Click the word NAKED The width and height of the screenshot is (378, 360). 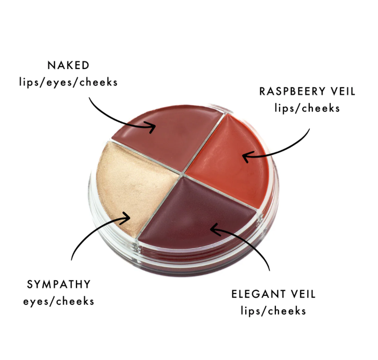[x=69, y=65]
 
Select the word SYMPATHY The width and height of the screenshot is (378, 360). [x=58, y=284]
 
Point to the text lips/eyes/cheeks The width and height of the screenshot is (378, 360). [x=68, y=82]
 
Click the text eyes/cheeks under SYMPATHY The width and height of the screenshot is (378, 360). [x=58, y=302]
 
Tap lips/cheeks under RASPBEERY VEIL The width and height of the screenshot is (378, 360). [x=307, y=108]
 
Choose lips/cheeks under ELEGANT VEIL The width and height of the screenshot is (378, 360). [x=273, y=311]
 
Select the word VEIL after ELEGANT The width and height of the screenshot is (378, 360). [x=303, y=294]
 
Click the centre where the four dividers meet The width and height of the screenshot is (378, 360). [x=182, y=174]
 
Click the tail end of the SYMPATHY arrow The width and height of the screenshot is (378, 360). [x=71, y=260]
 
